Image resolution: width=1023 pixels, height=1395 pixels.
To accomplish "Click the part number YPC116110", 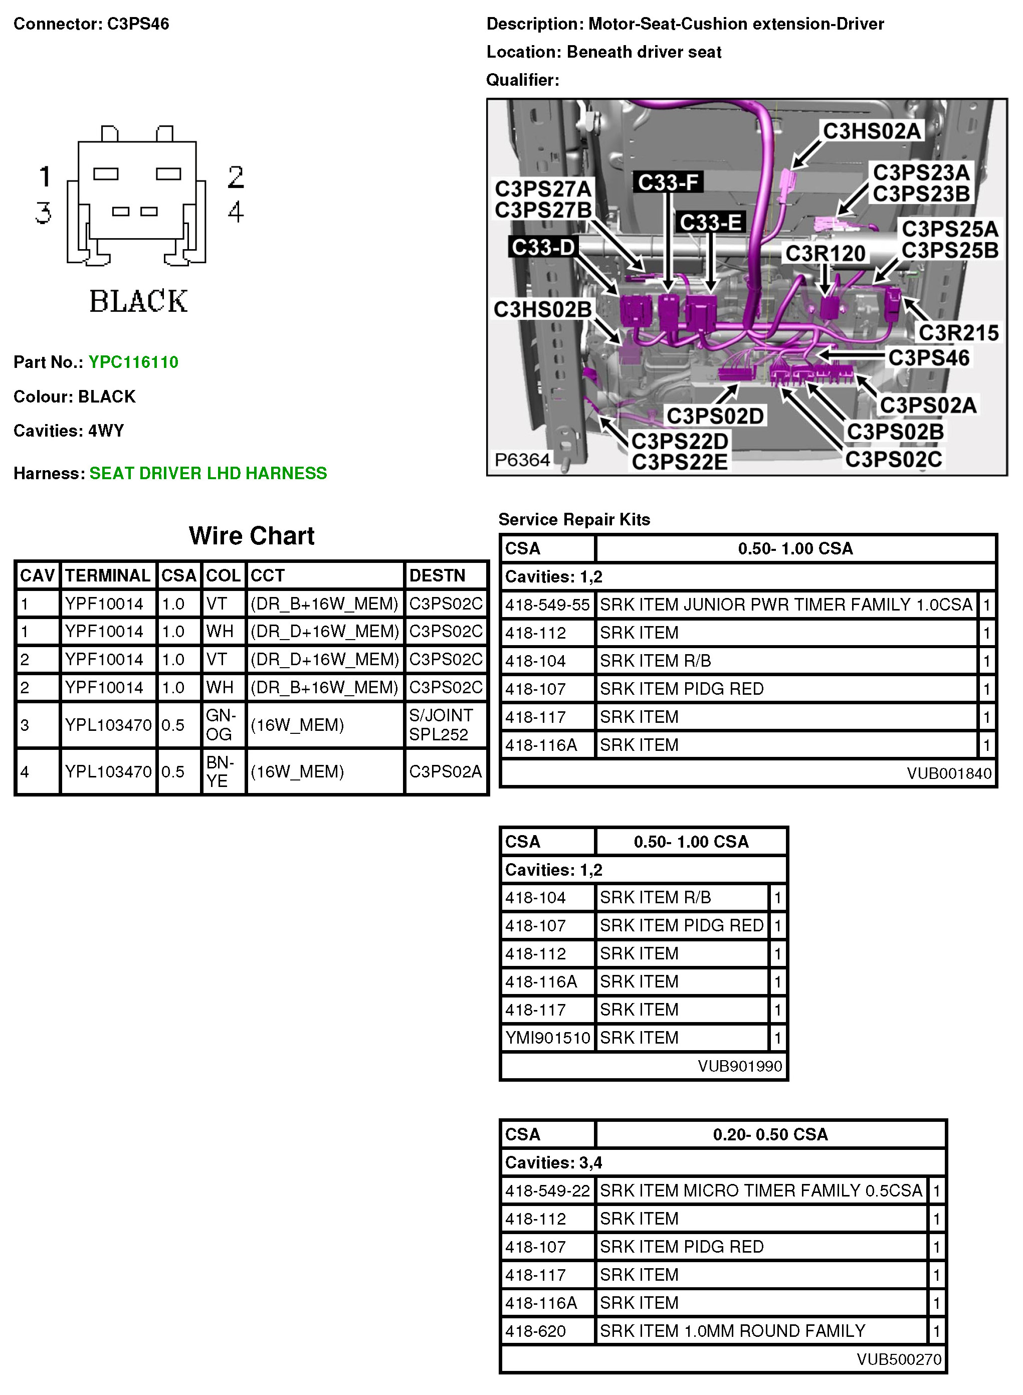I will pyautogui.click(x=133, y=362).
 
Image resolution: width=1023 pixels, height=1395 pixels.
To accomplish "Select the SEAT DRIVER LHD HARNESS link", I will pyautogui.click(x=208, y=473).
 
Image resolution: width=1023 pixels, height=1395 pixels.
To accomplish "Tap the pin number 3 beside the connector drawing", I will pyautogui.click(x=43, y=213).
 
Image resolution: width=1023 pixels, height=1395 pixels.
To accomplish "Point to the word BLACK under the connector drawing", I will pyautogui.click(x=138, y=302).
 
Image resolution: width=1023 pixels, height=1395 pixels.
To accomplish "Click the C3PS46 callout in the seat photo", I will pyautogui.click(x=928, y=357).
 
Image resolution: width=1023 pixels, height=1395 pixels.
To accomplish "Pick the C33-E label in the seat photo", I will pyautogui.click(x=710, y=222).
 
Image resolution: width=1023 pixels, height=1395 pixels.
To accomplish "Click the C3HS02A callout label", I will pyautogui.click(x=871, y=131).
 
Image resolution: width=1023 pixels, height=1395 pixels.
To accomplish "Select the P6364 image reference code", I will pyautogui.click(x=522, y=460).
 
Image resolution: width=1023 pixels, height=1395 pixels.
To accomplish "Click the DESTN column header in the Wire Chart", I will pyautogui.click(x=437, y=575).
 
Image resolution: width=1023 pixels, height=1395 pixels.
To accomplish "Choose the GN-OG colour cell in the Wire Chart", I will pyautogui.click(x=221, y=724).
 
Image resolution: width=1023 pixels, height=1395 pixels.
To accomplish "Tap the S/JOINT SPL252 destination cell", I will pyautogui.click(x=441, y=724).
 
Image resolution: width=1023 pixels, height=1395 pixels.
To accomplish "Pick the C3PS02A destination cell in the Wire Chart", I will pyautogui.click(x=445, y=771).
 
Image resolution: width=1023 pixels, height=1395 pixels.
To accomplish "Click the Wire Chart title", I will pyautogui.click(x=252, y=535).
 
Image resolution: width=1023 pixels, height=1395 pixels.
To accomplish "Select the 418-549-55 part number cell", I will pyautogui.click(x=547, y=605).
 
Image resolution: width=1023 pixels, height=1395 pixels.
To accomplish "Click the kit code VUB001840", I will pyautogui.click(x=949, y=773).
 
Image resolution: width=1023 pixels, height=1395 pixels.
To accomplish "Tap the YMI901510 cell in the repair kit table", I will pyautogui.click(x=547, y=1038).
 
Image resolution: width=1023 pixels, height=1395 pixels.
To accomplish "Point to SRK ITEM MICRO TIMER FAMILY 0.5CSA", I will pyautogui.click(x=760, y=1190).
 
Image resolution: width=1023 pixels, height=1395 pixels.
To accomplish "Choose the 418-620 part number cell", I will pyautogui.click(x=536, y=1331).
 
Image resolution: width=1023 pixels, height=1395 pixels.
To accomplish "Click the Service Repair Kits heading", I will pyautogui.click(x=574, y=519).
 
